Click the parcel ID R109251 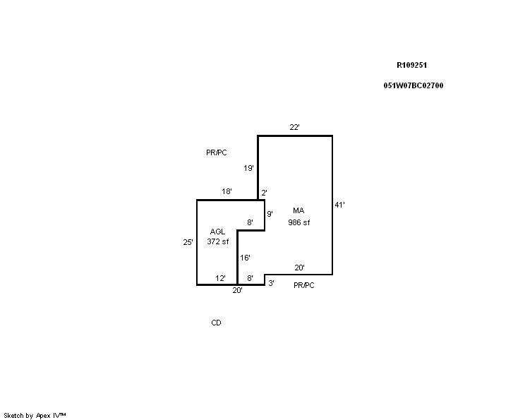point(411,66)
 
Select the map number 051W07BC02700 point(414,85)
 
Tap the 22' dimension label point(294,127)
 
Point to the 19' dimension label point(248,168)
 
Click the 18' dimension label point(227,191)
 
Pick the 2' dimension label point(264,193)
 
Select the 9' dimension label point(270,214)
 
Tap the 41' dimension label point(339,205)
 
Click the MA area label point(298,210)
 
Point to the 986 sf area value point(299,222)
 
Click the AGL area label point(217,232)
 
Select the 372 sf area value point(217,241)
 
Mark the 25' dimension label point(188,242)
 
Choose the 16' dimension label point(245,258)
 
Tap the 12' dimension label point(220,278)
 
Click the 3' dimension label point(271,283)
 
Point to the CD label point(217,323)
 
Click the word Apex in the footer point(43,416)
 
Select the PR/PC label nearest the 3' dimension point(304,285)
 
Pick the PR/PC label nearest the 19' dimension point(217,152)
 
